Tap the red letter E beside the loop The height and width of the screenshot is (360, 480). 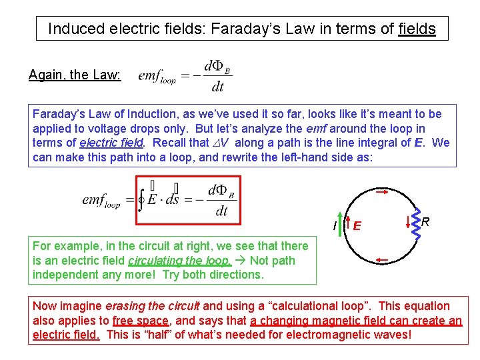357,226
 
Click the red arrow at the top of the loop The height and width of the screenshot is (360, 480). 383,193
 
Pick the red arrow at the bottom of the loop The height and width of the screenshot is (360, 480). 382,259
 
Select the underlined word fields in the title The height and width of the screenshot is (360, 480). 417,29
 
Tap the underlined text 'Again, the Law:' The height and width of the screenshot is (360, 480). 75,75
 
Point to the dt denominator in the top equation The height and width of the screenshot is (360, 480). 217,87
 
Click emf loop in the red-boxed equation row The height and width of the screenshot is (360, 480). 101,200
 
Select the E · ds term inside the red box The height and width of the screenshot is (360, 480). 166,200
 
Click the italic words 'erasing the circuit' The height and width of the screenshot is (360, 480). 159,307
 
